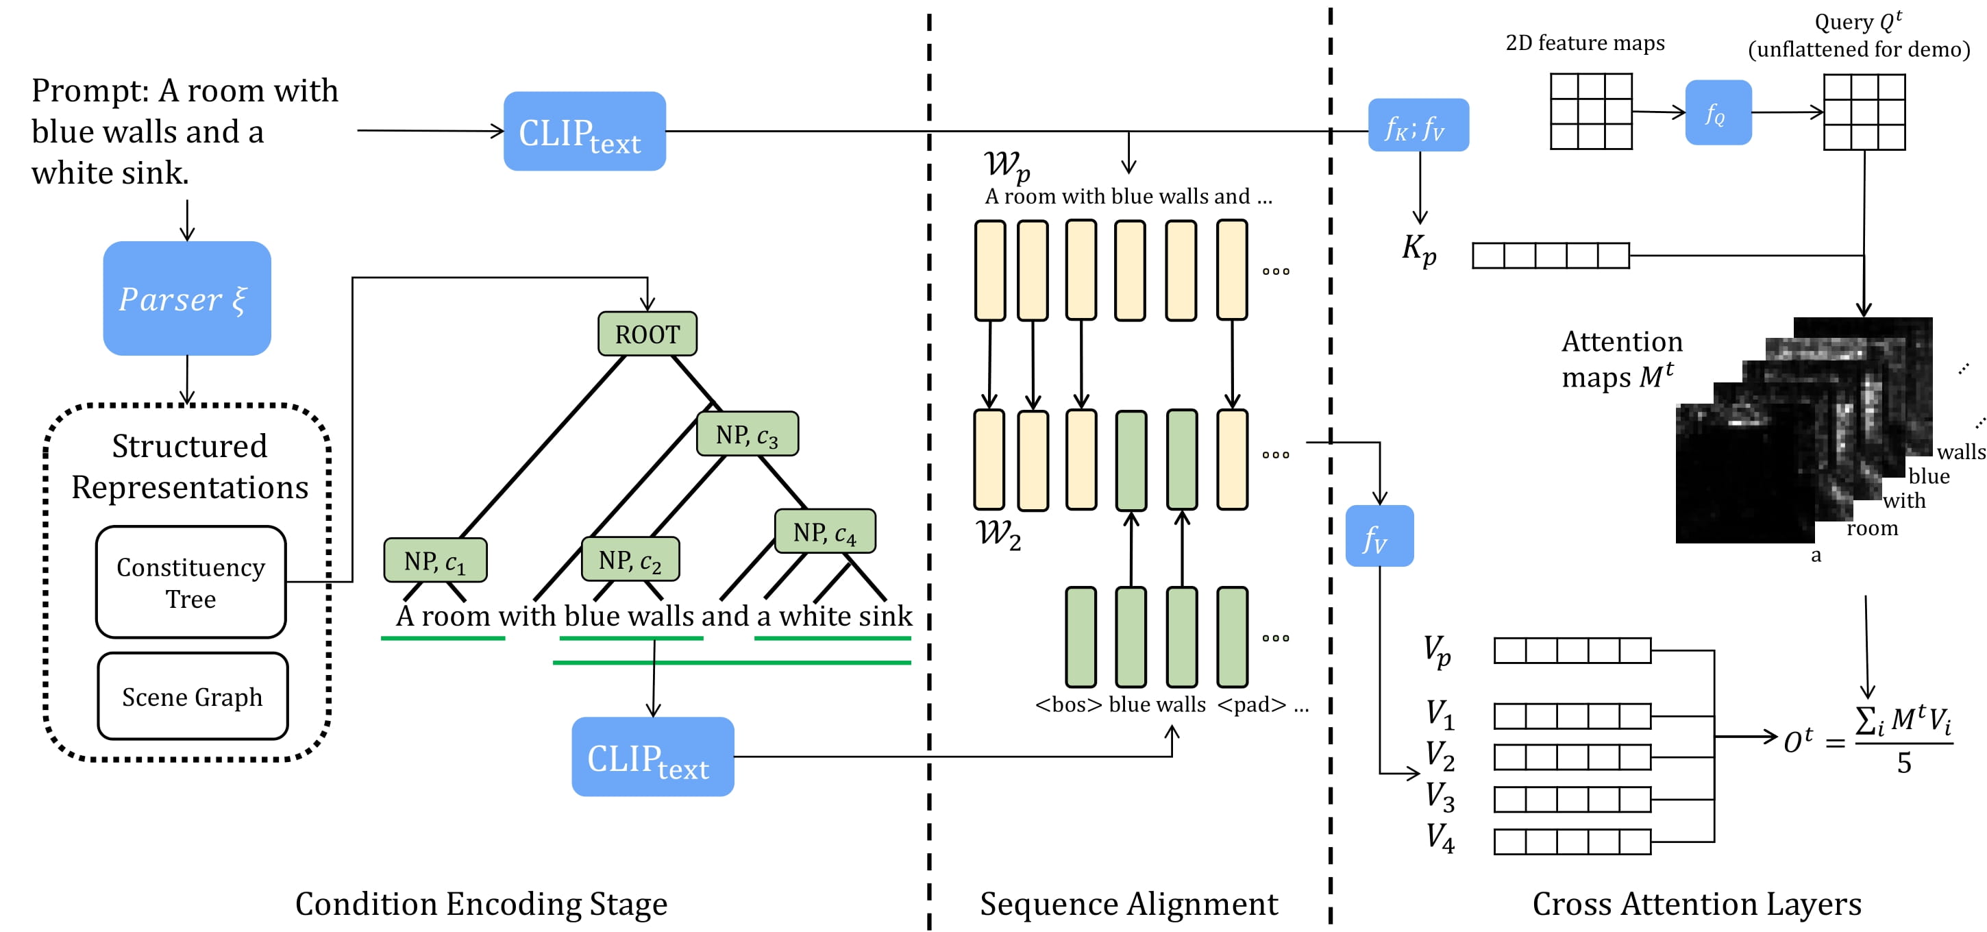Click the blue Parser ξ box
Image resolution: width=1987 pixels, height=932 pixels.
(x=186, y=298)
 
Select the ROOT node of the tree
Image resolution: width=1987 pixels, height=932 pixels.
(x=647, y=334)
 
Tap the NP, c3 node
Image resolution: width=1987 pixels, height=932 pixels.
(x=747, y=434)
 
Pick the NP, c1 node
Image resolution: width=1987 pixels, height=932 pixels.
(x=435, y=560)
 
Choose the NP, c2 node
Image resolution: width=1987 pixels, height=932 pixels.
(x=630, y=559)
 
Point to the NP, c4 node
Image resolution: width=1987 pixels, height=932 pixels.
(x=824, y=532)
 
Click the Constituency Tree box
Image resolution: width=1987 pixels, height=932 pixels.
(x=190, y=582)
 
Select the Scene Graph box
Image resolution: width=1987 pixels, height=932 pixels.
(x=193, y=696)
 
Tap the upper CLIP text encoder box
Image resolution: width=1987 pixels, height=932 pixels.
(x=584, y=131)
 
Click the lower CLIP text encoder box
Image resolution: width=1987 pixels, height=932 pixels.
(x=652, y=757)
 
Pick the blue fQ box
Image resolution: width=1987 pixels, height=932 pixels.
(x=1718, y=112)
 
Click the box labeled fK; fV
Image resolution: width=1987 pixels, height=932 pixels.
(x=1418, y=125)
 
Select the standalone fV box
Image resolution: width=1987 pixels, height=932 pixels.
(x=1379, y=536)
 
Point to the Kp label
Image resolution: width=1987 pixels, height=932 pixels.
(x=1419, y=249)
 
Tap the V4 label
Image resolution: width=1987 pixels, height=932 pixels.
(x=1440, y=838)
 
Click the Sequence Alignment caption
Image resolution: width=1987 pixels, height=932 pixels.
(x=1128, y=903)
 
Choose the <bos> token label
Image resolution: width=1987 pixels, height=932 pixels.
(x=1068, y=704)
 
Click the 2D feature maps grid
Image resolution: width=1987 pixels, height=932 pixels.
(x=1591, y=111)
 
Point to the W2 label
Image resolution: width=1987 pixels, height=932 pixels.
(x=998, y=534)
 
